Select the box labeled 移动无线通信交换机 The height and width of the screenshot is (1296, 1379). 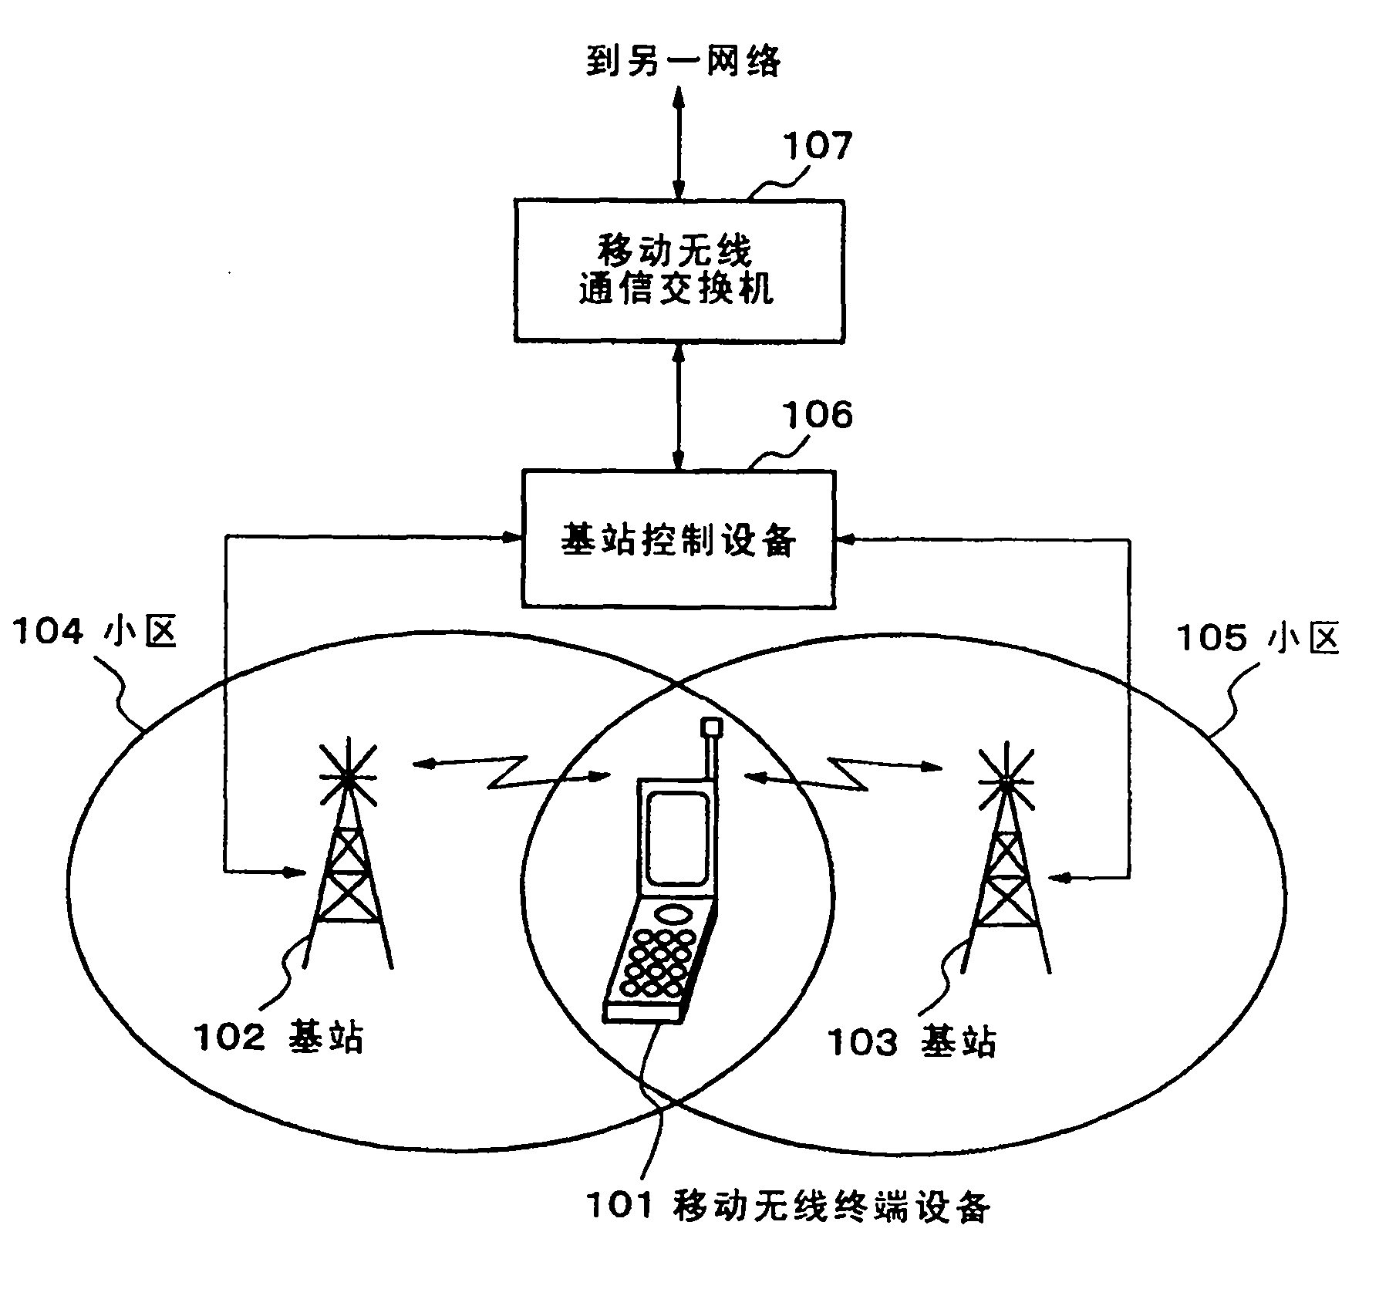tap(679, 271)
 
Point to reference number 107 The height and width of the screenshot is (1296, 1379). tap(818, 145)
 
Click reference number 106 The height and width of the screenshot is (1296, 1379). tap(818, 416)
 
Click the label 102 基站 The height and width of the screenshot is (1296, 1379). tap(278, 1037)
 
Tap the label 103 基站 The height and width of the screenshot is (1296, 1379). tap(912, 1042)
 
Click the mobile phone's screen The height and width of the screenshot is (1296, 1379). tap(678, 836)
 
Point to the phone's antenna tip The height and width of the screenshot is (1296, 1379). tap(710, 727)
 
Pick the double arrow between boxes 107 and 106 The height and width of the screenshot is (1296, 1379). tap(679, 406)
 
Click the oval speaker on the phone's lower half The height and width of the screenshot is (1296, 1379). tap(673, 915)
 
